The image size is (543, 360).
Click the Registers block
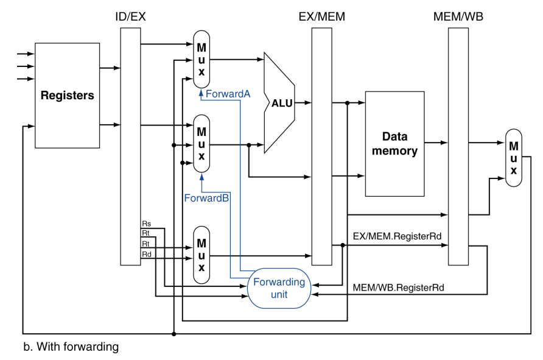tap(67, 95)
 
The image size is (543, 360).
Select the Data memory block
tap(395, 144)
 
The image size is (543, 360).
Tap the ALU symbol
tap(279, 103)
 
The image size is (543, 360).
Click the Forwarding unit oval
tap(279, 288)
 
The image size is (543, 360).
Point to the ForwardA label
tap(228, 94)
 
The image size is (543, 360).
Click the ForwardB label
tap(206, 198)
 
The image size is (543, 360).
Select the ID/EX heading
tap(130, 16)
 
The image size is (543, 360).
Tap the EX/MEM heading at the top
tap(321, 16)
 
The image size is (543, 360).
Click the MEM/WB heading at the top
tap(458, 16)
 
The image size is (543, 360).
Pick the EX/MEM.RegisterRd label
tap(398, 236)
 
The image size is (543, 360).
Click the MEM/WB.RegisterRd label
tap(398, 288)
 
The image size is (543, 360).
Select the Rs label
tap(147, 224)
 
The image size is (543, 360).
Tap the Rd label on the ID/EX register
tap(147, 255)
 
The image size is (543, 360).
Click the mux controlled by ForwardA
tap(201, 59)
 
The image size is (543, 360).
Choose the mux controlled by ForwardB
tap(201, 144)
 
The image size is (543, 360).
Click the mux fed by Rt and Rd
tap(201, 255)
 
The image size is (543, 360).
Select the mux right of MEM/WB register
tap(514, 158)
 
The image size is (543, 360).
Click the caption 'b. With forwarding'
tap(71, 347)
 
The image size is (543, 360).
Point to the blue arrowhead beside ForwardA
tap(201, 92)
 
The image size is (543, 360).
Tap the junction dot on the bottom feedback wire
tap(174, 334)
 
